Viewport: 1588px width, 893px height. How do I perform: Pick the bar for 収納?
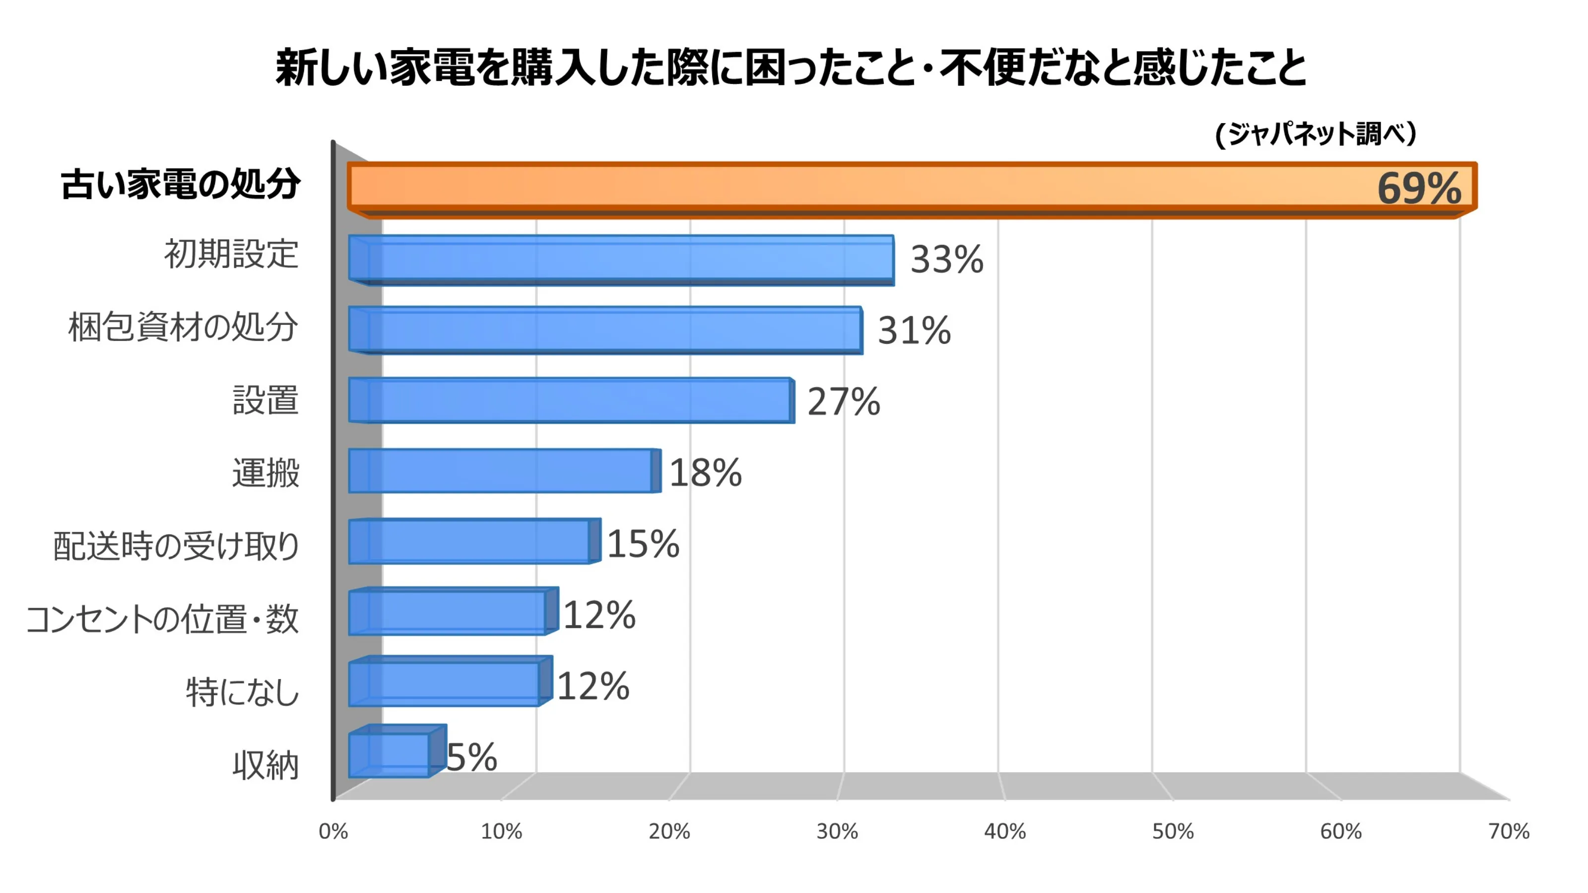(390, 755)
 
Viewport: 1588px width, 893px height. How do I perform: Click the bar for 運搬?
(501, 471)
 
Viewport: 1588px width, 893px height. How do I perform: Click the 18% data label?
(705, 473)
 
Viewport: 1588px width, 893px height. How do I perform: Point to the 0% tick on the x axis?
(333, 831)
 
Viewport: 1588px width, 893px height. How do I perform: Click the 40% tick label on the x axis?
(1005, 831)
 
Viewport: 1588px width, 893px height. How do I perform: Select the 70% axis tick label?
(1509, 831)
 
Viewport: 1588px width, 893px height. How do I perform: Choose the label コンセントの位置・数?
(163, 618)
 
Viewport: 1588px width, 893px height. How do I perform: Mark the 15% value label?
(643, 544)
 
